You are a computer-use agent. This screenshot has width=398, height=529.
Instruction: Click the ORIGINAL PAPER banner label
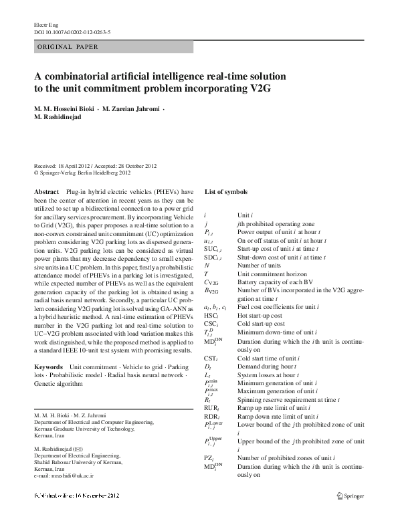click(x=66, y=47)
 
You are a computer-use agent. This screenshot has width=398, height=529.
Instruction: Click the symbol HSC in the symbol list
click(x=211, y=315)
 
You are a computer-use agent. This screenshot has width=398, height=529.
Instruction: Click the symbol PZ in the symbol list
click(x=209, y=457)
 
